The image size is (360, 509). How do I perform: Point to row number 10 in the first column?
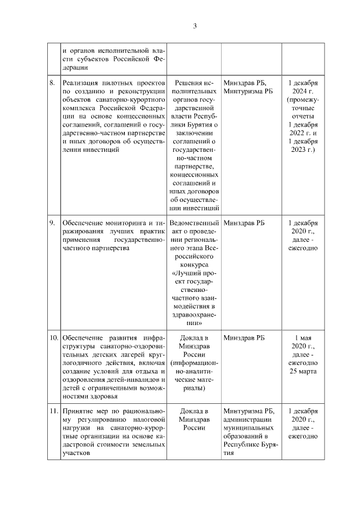pos(53,338)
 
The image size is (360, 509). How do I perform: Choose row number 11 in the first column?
pos(53,411)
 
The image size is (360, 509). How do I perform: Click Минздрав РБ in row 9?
pos(244,223)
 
